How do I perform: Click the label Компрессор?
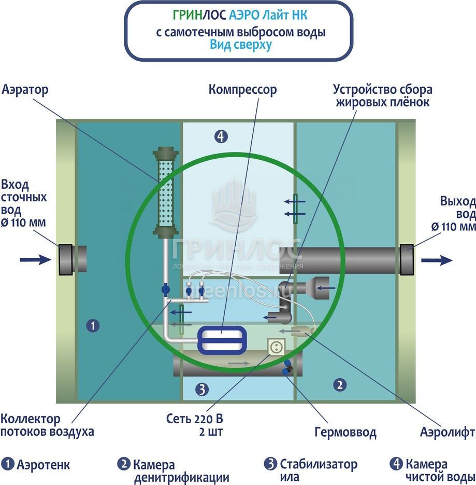coord(242,90)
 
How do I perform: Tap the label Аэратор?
coord(25,90)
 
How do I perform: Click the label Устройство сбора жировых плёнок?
coord(383,96)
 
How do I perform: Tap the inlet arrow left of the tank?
coord(35,259)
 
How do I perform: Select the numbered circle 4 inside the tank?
coord(221,136)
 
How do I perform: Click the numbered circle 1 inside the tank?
coord(92,326)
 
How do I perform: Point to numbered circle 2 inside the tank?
coord(340,384)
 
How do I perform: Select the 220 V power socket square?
coord(276,347)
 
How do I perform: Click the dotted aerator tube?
coord(166,192)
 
